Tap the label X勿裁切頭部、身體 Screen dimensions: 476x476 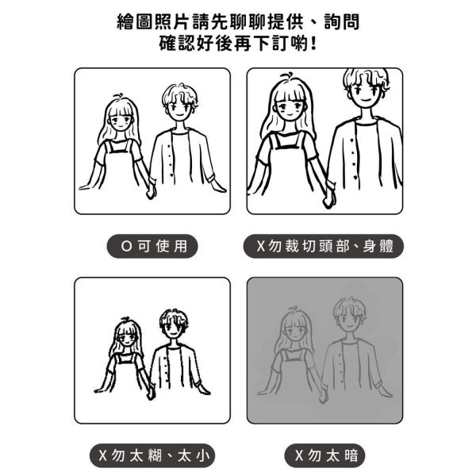[324, 246]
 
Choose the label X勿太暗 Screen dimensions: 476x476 [324, 455]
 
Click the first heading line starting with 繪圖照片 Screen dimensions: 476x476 [238, 21]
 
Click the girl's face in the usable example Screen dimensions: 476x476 [121, 123]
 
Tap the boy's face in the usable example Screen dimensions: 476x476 [179, 109]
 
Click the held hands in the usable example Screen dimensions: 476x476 [150, 190]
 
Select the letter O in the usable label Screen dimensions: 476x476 [125, 246]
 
